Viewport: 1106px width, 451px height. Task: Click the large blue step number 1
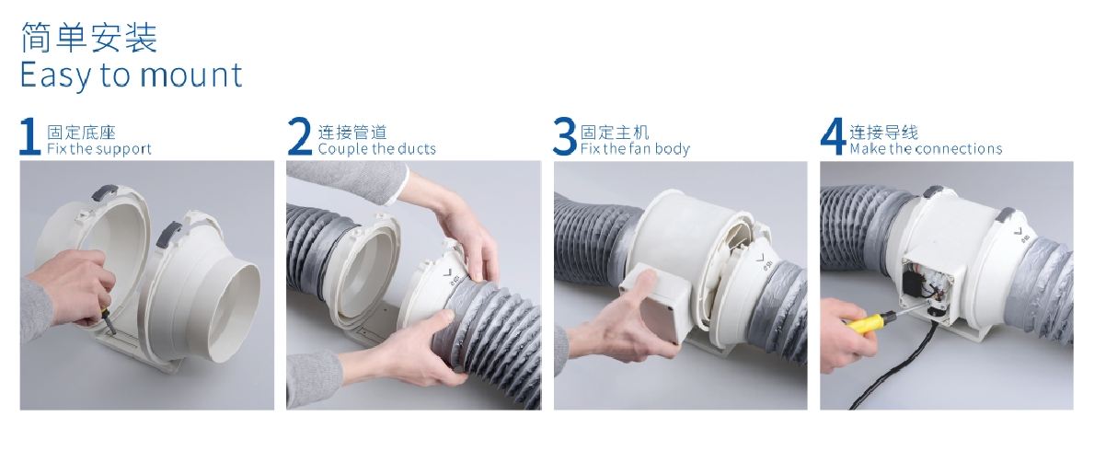coord(29,137)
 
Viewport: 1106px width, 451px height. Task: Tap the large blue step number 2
coord(300,136)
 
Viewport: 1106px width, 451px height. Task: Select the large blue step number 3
coord(565,136)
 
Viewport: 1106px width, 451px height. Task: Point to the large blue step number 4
coord(834,136)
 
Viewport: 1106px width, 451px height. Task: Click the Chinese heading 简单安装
coord(89,38)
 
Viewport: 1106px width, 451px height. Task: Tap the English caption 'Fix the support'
coord(99,149)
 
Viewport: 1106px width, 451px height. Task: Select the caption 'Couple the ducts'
coord(377,149)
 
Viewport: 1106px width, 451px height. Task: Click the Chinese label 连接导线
coord(884,132)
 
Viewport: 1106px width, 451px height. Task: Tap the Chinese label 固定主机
coord(615,132)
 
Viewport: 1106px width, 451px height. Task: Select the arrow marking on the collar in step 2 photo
coord(447,272)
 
